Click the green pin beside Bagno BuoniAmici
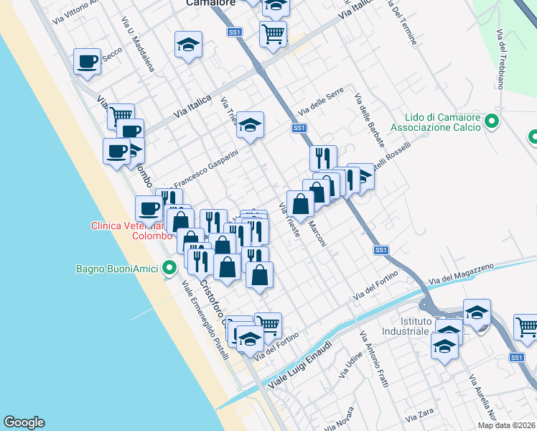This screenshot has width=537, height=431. (169, 269)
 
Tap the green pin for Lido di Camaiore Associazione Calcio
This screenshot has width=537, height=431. (492, 121)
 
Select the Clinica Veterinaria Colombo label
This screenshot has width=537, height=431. (131, 230)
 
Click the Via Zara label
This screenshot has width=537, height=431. (420, 416)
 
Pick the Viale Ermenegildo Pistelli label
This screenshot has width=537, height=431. (205, 319)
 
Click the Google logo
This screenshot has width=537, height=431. (24, 422)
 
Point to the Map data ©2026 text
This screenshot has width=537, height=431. (506, 425)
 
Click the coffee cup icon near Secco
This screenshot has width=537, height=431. (87, 62)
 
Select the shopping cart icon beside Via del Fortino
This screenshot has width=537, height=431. (268, 325)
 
